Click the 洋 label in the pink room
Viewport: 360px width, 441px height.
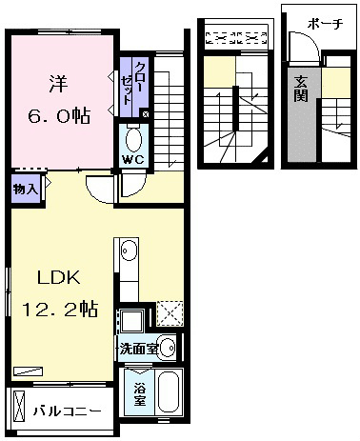coord(58,83)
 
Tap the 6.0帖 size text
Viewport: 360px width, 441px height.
coord(59,115)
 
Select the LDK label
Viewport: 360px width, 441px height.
coord(59,277)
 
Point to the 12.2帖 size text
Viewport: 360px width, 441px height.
coord(60,309)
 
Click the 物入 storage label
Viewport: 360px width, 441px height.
coord(26,190)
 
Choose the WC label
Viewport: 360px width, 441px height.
coord(133,159)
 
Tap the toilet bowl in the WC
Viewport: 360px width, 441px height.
coord(133,140)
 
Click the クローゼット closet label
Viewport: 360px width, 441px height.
coord(133,83)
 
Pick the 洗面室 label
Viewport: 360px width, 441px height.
coord(138,349)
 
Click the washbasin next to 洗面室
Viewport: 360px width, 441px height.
coord(168,348)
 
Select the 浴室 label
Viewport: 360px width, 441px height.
coord(139,394)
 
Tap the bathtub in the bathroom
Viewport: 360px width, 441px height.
coord(169,392)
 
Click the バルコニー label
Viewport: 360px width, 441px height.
coord(68,411)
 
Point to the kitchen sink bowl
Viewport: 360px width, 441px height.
coord(129,251)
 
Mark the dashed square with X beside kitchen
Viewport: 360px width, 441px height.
coord(170,313)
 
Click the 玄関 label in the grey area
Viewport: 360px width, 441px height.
coord(301,89)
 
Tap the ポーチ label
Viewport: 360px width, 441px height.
coord(326,24)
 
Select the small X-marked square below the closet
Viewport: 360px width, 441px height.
coord(146,114)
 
